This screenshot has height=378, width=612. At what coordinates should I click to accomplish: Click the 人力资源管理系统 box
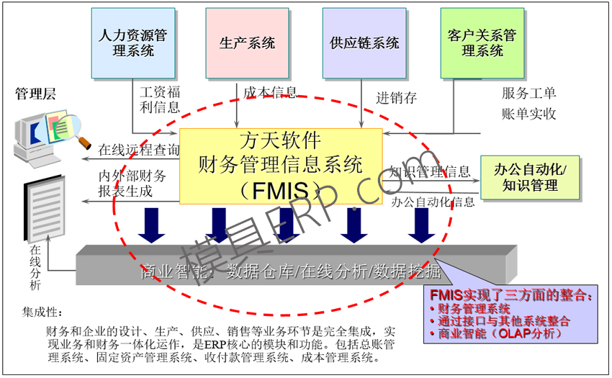pyautogui.click(x=133, y=43)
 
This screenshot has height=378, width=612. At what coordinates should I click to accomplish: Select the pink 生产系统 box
pyautogui.click(x=247, y=43)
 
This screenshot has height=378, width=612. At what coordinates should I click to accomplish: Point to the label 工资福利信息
pyautogui.click(x=159, y=100)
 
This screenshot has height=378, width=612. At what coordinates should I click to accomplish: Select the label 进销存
pyautogui.click(x=396, y=98)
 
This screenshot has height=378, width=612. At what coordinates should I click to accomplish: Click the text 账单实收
pyautogui.click(x=528, y=114)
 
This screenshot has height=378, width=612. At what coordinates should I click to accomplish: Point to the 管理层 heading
pyautogui.click(x=35, y=94)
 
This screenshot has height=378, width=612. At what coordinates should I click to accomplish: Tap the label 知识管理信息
pyautogui.click(x=430, y=172)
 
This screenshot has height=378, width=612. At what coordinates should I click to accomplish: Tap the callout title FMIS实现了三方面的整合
pyautogui.click(x=512, y=294)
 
